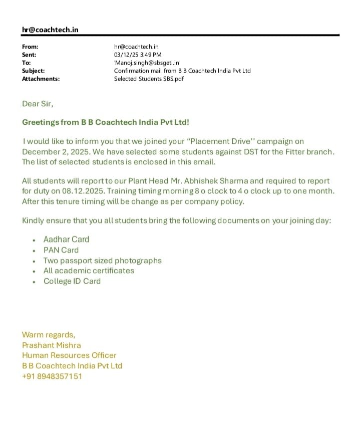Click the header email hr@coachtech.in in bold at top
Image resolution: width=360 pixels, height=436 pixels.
(50, 30)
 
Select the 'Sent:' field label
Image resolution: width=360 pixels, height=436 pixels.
(29, 55)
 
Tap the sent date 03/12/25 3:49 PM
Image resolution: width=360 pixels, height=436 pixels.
(138, 55)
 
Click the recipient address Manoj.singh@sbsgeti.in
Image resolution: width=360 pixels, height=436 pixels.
(147, 63)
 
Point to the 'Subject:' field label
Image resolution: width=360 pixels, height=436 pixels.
(33, 71)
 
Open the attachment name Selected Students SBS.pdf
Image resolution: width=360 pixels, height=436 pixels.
(149, 79)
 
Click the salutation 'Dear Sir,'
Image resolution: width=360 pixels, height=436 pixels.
(38, 104)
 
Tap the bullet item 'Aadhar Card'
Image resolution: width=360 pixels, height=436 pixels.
(66, 240)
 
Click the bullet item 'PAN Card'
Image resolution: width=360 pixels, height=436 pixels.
(61, 250)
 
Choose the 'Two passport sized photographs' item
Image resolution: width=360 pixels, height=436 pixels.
(103, 261)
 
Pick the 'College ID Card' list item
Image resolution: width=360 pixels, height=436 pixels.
(72, 281)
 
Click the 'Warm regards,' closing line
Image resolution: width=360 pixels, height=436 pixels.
(49, 335)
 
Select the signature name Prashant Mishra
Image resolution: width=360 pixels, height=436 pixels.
(51, 345)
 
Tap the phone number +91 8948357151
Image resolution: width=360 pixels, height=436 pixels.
(52, 376)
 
